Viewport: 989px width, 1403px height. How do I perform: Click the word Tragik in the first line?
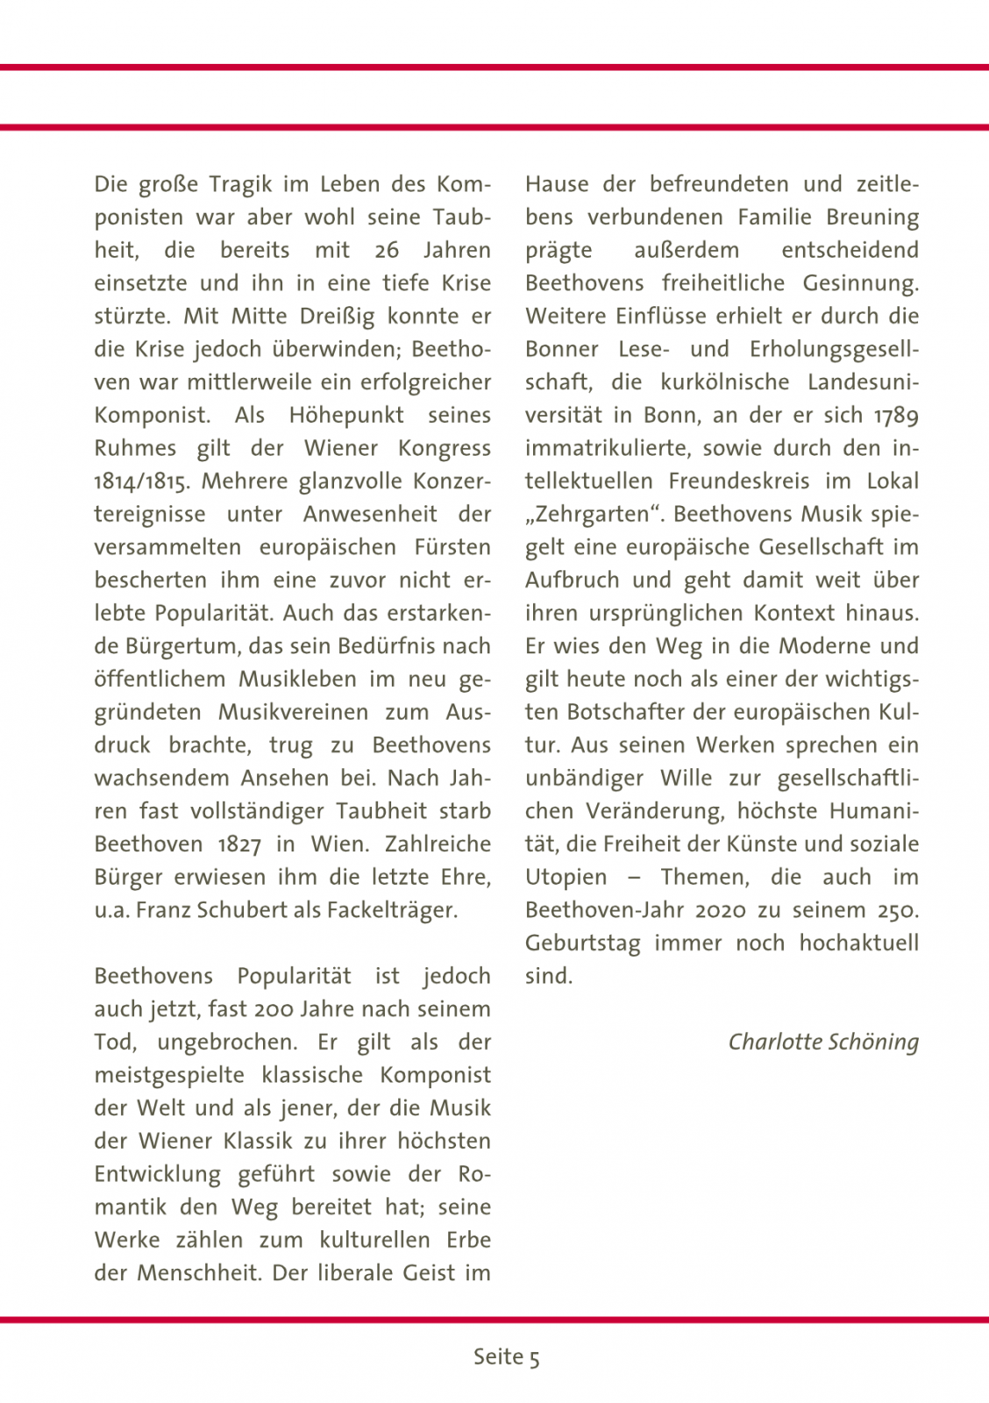(239, 185)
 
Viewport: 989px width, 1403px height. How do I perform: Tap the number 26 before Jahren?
(387, 251)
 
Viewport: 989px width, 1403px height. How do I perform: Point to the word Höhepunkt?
(346, 416)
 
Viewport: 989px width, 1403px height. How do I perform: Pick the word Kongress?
(444, 448)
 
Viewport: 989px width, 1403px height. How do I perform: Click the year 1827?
(239, 844)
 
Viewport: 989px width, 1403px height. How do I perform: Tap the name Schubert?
(245, 910)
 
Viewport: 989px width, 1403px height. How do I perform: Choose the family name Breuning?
(872, 217)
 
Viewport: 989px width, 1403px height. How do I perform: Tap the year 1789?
(896, 416)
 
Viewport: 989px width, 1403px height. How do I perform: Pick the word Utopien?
(566, 877)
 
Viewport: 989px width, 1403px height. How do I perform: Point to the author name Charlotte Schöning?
(823, 1042)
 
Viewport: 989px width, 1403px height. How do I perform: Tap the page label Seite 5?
(507, 1357)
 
